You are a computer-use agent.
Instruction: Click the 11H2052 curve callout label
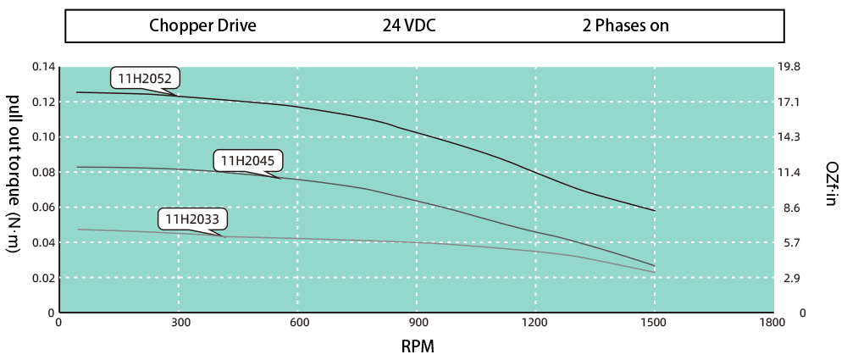(x=144, y=80)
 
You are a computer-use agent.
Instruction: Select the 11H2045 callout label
(x=247, y=159)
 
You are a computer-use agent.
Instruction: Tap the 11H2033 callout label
(x=191, y=220)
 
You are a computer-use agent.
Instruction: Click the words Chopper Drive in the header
(x=202, y=25)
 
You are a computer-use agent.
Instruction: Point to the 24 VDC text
(x=408, y=25)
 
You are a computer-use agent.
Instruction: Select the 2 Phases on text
(x=625, y=25)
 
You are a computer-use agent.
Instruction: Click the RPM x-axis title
(x=418, y=346)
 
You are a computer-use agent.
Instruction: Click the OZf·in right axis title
(x=831, y=184)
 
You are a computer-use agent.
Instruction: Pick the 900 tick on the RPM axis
(x=417, y=323)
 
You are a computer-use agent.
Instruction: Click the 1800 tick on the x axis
(x=773, y=323)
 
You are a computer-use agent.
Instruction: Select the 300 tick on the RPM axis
(x=178, y=323)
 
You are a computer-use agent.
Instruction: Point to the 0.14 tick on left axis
(x=43, y=67)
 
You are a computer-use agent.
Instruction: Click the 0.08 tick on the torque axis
(x=43, y=172)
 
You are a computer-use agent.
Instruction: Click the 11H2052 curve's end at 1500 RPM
(x=654, y=211)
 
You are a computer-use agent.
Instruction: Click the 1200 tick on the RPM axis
(x=535, y=323)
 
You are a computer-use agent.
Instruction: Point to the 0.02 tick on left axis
(x=43, y=278)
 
